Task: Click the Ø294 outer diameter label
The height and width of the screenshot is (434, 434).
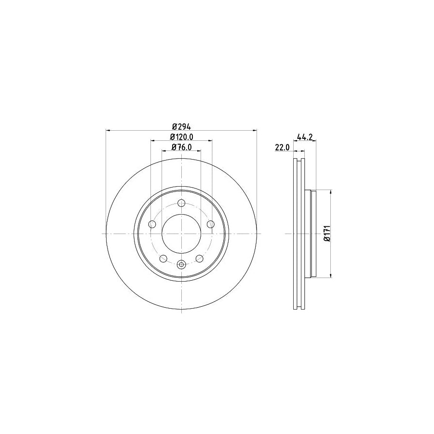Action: pos(181,126)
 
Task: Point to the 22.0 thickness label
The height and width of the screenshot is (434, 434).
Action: pos(282,148)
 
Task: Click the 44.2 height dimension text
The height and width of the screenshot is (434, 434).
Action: pos(306,137)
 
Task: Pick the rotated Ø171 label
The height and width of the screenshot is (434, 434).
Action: pos(326,233)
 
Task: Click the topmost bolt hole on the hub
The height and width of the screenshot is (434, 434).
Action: pos(181,203)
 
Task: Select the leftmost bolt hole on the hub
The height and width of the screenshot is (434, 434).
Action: pos(152,224)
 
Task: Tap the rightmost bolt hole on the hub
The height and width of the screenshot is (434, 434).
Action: pos(210,224)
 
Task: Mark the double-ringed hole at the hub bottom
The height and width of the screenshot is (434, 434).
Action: pos(181,264)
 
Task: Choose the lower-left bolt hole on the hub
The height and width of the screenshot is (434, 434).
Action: pos(163,258)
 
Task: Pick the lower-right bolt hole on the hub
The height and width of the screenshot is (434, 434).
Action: pos(199,258)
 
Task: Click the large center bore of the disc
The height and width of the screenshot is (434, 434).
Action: pos(181,233)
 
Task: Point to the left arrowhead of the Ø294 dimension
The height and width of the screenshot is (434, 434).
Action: pos(108,130)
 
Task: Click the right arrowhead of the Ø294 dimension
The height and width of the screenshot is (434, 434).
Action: pos(255,130)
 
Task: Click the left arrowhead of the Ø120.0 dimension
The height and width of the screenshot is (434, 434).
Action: pos(153,141)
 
